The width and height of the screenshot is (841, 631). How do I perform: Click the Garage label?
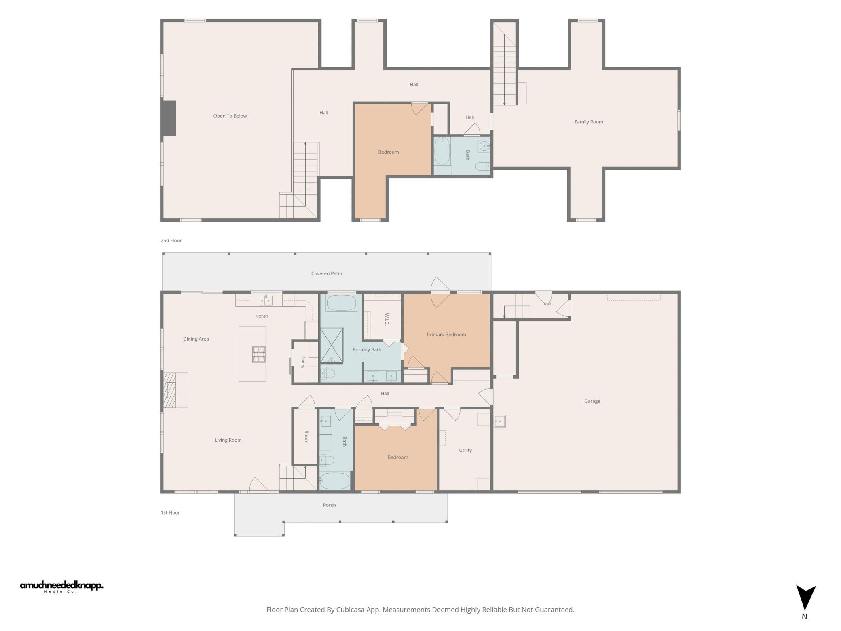pyautogui.click(x=592, y=401)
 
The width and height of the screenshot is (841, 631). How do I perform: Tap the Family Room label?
pyautogui.click(x=589, y=122)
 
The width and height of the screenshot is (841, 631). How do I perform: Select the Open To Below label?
pyautogui.click(x=230, y=116)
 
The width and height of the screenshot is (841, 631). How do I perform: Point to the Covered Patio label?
pyautogui.click(x=327, y=273)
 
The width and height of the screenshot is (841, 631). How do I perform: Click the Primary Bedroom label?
pyautogui.click(x=446, y=335)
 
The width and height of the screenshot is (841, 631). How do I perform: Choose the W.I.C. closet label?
pyautogui.click(x=387, y=319)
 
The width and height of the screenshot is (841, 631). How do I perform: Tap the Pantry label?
pyautogui.click(x=303, y=362)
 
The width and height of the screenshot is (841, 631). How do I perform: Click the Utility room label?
pyautogui.click(x=465, y=450)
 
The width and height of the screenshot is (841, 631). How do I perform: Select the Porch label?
pyautogui.click(x=330, y=505)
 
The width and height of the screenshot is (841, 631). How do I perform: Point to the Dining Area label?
pyautogui.click(x=196, y=339)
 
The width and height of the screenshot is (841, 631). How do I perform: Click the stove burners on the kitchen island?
pyautogui.click(x=259, y=354)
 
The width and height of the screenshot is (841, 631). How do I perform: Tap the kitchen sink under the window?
pyautogui.click(x=266, y=300)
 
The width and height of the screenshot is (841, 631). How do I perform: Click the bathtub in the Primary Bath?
pyautogui.click(x=341, y=303)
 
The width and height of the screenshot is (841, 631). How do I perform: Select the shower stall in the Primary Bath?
pyautogui.click(x=332, y=345)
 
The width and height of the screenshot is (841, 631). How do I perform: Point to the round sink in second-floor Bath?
pyautogui.click(x=484, y=146)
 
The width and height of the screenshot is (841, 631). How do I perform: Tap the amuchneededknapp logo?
pyautogui.click(x=61, y=587)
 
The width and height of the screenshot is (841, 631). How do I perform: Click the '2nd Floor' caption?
pyautogui.click(x=171, y=241)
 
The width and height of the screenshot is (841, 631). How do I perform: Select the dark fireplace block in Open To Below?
pyautogui.click(x=169, y=118)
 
